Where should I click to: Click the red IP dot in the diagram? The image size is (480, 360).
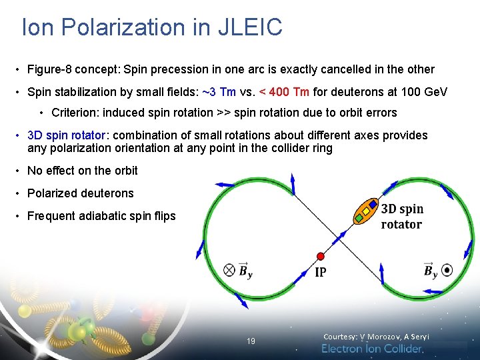coord(321,256)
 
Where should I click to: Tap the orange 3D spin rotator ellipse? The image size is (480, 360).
coord(365,211)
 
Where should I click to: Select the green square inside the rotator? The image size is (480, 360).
coord(359,218)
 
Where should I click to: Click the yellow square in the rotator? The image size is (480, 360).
coord(365,211)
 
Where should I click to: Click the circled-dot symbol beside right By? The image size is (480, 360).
coord(447,270)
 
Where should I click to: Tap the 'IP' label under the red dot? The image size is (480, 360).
coord(321,273)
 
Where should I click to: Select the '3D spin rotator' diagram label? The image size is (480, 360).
coord(402,217)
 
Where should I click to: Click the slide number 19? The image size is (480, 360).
coord(251,341)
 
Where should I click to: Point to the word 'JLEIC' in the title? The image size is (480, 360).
coord(251,27)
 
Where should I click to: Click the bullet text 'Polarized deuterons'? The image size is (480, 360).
coord(80,193)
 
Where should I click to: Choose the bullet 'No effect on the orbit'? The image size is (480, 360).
coord(82,171)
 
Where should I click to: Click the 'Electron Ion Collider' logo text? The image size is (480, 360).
coord(372,349)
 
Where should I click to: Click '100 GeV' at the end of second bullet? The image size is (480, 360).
coord(425,91)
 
